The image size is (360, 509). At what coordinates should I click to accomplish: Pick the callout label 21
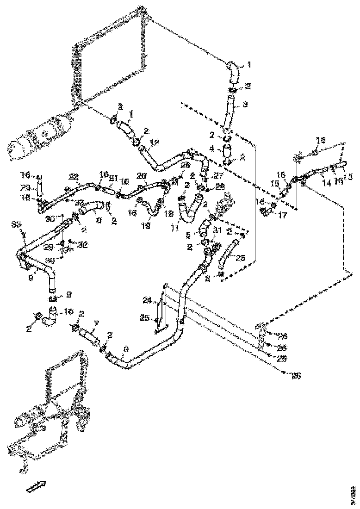113,178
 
